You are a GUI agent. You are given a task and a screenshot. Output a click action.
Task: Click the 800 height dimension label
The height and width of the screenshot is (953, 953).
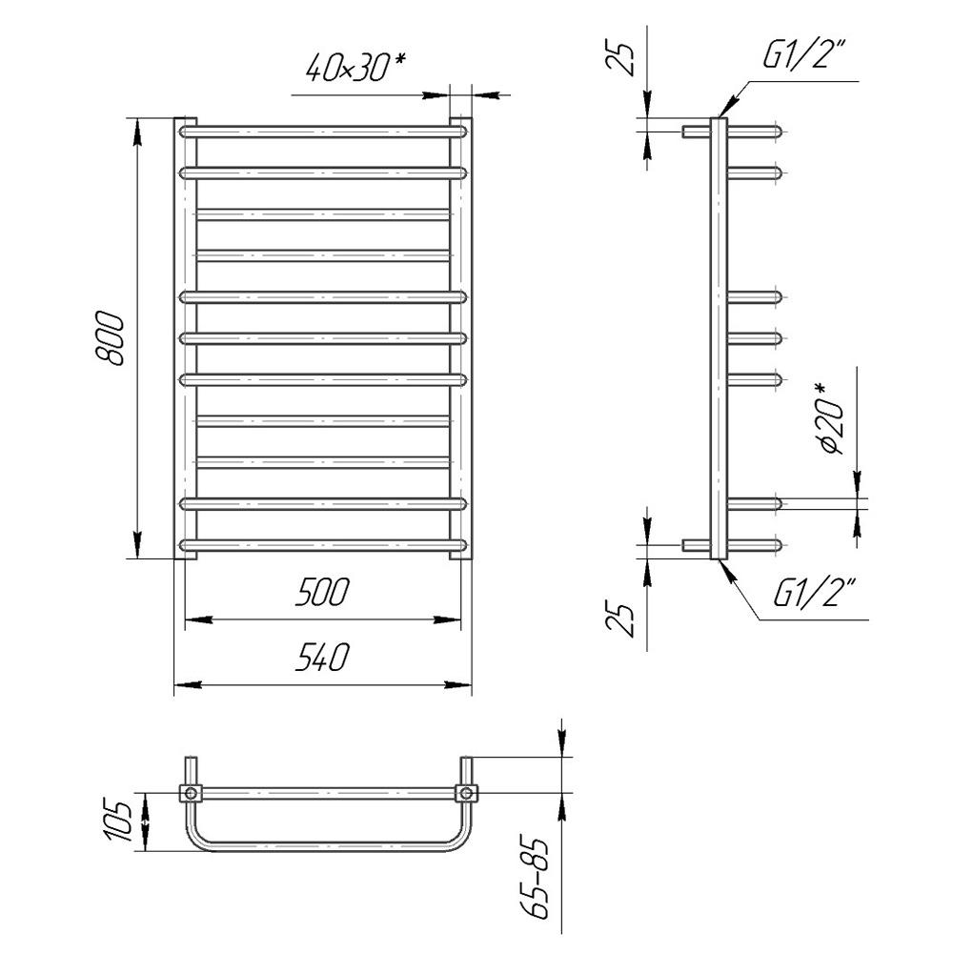111,338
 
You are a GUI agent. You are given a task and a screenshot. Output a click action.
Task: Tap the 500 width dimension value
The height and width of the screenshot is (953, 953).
322,592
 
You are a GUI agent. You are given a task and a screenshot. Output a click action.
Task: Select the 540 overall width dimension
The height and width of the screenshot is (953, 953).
322,658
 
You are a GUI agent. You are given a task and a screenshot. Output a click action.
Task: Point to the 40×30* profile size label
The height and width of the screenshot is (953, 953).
355,67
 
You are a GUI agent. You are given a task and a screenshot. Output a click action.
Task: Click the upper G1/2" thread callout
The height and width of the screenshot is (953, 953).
803,54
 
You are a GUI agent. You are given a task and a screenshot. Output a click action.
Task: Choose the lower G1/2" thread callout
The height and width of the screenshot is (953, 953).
815,593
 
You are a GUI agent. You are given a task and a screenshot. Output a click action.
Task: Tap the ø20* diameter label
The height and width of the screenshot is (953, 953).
830,418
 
